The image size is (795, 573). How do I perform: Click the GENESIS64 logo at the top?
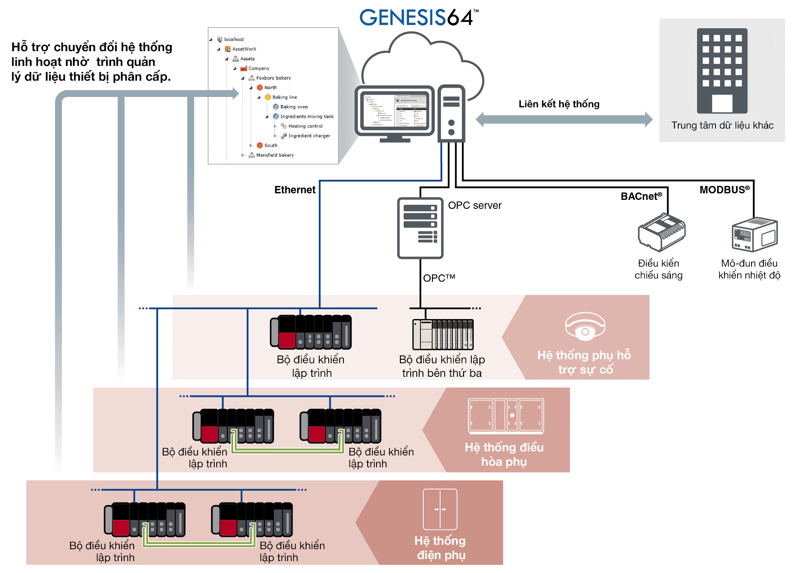tap(418, 18)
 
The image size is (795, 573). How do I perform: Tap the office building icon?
tap(722, 70)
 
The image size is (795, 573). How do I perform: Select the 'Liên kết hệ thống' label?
tap(559, 104)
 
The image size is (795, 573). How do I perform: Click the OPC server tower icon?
tap(420, 228)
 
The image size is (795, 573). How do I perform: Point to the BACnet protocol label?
tap(641, 197)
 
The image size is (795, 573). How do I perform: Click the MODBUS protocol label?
tap(724, 190)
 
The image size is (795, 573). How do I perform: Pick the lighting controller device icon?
tap(661, 232)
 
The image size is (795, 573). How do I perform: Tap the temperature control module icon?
tap(754, 235)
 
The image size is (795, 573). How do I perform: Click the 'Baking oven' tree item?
tap(294, 107)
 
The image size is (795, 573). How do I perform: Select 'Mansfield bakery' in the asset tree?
tap(275, 155)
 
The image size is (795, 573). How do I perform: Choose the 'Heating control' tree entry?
tap(305, 126)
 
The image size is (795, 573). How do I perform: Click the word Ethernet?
tap(295, 190)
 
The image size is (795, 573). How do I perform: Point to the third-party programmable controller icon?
tap(443, 334)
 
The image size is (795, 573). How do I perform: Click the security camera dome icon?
tap(585, 326)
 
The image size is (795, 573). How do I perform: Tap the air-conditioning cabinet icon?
tap(506, 416)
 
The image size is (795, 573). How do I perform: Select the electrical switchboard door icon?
tap(440, 509)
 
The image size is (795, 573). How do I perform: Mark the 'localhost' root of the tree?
tap(234, 40)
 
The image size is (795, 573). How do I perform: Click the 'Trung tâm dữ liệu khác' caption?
tap(722, 125)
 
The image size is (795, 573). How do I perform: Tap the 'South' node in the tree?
tap(270, 145)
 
